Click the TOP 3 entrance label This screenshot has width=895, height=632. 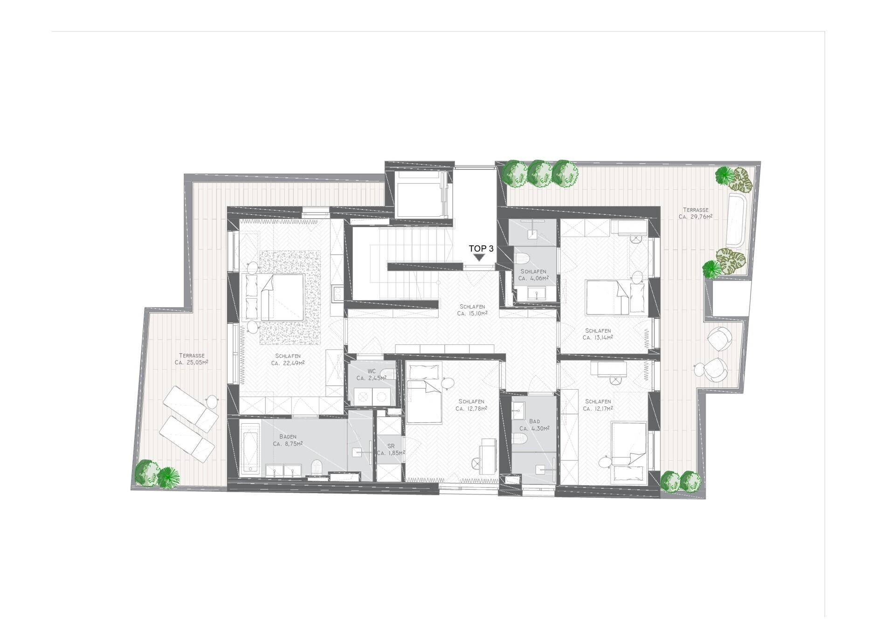(x=481, y=249)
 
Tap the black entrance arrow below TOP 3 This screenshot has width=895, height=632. (x=478, y=257)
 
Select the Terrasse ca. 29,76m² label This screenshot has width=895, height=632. (x=695, y=213)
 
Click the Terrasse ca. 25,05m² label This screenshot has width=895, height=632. (x=191, y=359)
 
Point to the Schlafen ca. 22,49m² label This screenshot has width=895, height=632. (x=288, y=359)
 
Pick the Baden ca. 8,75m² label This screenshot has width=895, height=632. (x=288, y=440)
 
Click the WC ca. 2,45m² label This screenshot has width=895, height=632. (x=372, y=375)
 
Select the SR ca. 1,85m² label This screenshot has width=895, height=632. (x=391, y=450)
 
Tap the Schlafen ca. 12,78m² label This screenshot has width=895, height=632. (x=471, y=405)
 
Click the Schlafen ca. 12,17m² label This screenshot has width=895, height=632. (x=598, y=405)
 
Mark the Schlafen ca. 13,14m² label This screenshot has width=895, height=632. (x=598, y=334)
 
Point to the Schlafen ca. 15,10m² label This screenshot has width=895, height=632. (x=472, y=310)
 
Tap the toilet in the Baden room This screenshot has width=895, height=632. (x=317, y=467)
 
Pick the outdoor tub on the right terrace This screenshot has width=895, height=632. (x=737, y=220)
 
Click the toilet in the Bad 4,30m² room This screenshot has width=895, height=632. (x=519, y=439)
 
